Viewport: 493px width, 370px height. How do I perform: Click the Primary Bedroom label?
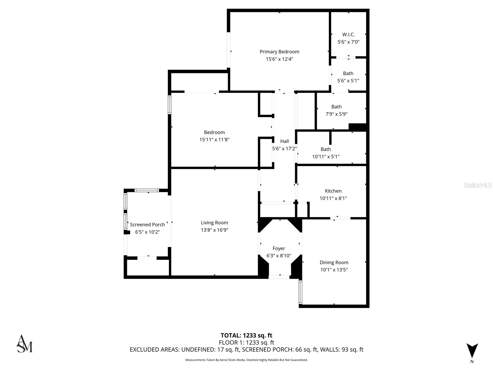[x=279, y=52]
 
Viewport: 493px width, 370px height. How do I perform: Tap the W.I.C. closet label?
[x=348, y=35]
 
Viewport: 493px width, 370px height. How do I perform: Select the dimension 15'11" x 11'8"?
[x=214, y=140]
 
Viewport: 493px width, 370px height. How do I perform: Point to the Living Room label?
[x=214, y=223]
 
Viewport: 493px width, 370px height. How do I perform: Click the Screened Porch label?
[x=147, y=225]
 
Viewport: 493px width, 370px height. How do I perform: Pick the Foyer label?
[x=279, y=249]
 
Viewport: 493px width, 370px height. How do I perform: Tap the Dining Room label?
[x=334, y=262]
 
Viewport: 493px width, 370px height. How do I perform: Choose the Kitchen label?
[x=333, y=191]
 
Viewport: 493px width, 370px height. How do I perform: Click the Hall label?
[x=284, y=141]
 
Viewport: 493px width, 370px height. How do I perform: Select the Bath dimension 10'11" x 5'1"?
[x=326, y=157]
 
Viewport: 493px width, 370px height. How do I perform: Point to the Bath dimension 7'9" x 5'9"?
[x=336, y=114]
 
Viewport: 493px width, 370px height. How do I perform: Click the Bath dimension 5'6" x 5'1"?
[x=348, y=81]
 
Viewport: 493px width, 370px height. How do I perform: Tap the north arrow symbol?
[x=472, y=351]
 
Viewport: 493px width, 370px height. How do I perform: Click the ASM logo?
[x=24, y=344]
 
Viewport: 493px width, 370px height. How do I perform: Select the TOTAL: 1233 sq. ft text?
[x=246, y=335]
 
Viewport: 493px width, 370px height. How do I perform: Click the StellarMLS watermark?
[x=477, y=185]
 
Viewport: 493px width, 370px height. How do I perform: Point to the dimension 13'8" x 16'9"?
[x=214, y=230]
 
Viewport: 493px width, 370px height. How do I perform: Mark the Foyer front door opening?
[x=279, y=277]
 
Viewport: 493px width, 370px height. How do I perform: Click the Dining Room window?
[x=300, y=292]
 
